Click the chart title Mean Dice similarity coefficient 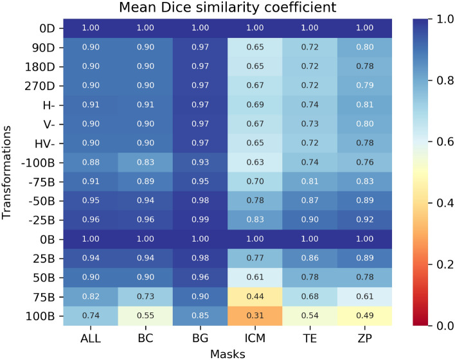tap(227, 9)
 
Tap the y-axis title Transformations tap(9, 174)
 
